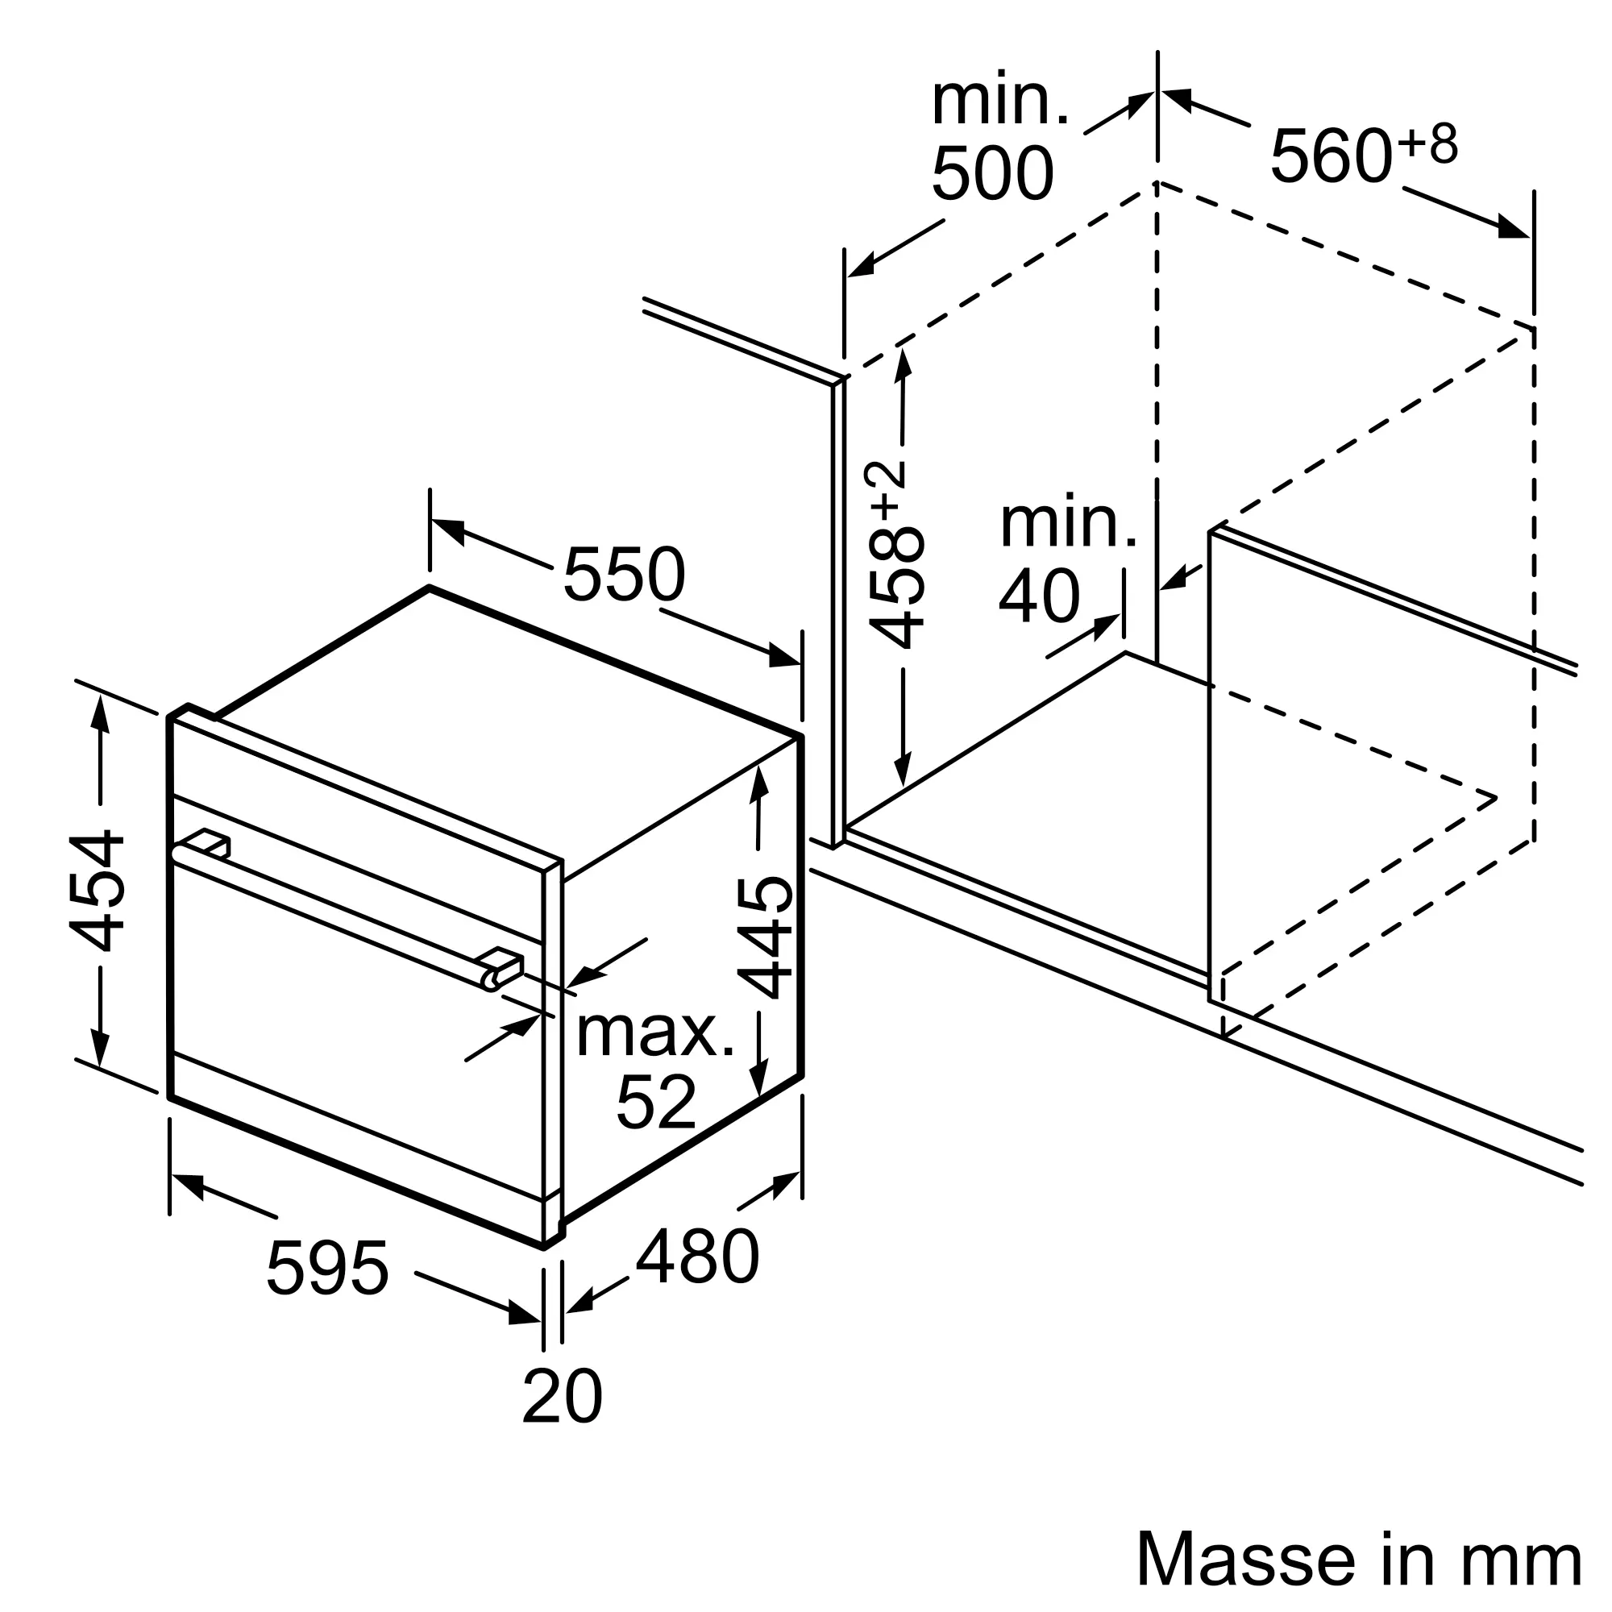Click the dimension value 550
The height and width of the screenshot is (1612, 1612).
pyautogui.click(x=624, y=574)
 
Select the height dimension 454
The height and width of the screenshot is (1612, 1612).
pyautogui.click(x=98, y=891)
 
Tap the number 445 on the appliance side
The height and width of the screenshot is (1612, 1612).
pyautogui.click(x=764, y=937)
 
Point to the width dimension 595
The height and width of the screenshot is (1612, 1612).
pyautogui.click(x=327, y=1268)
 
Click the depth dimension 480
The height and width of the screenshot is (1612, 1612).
pyautogui.click(x=697, y=1257)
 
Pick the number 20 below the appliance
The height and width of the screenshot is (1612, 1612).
pyautogui.click(x=562, y=1396)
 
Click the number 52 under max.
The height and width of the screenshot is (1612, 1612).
pyautogui.click(x=656, y=1101)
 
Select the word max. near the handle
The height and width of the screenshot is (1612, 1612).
pyautogui.click(x=656, y=1033)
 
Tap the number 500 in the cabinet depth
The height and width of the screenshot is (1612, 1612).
pyautogui.click(x=993, y=172)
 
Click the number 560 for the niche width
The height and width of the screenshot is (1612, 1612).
pyautogui.click(x=1332, y=156)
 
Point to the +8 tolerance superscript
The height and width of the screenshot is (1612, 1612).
pyautogui.click(x=1428, y=143)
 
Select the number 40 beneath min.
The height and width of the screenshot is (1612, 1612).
pyautogui.click(x=1040, y=596)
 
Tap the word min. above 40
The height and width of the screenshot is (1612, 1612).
pyautogui.click(x=1069, y=525)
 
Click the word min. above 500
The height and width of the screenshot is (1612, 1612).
pyautogui.click(x=1000, y=101)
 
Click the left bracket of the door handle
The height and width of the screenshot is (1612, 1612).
pyautogui.click(x=207, y=844)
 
